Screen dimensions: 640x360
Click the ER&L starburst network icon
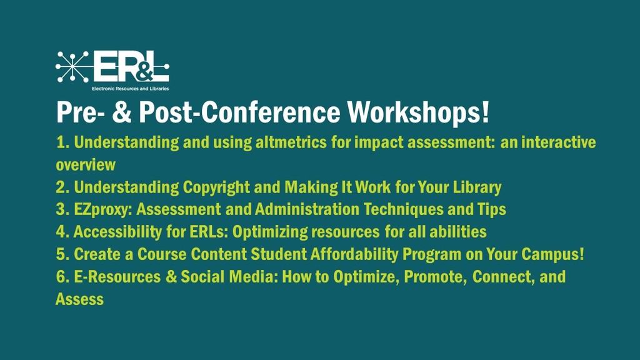tap(72, 66)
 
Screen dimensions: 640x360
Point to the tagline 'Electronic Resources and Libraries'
tap(130, 89)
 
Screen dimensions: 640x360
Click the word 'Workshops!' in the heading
tap(418, 112)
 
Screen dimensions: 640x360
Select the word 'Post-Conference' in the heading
tap(239, 112)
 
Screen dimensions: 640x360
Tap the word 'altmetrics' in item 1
tap(291, 142)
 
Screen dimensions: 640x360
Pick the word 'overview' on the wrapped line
tap(86, 165)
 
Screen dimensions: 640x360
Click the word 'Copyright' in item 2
tap(216, 187)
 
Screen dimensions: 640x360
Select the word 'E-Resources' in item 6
tap(117, 277)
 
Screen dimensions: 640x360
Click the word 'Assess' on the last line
tap(79, 299)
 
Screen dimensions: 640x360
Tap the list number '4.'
tap(62, 232)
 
